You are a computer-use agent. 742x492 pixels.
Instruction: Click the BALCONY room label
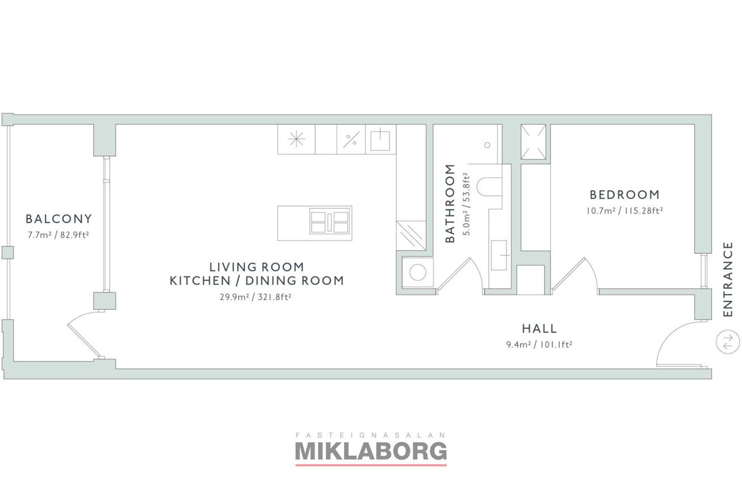pos(58,219)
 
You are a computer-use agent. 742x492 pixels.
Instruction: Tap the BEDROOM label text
pos(624,195)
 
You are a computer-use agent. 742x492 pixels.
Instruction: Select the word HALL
pos(539,329)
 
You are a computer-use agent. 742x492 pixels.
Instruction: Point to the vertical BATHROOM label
pos(450,203)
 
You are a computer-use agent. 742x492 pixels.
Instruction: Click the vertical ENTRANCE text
pos(727,279)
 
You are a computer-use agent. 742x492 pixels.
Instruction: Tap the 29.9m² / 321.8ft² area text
pos(255,297)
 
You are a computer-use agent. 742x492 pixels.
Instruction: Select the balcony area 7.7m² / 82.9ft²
pos(58,235)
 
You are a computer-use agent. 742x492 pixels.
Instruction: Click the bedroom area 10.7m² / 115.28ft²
pos(624,211)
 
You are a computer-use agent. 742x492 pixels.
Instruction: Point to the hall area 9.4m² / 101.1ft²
pos(539,344)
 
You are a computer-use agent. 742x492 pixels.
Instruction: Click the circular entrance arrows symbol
pos(728,342)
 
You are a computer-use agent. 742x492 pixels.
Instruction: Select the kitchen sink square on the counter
pos(380,140)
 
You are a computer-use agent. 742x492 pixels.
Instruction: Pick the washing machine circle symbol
pos(418,272)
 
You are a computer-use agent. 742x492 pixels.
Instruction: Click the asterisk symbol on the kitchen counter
pos(296,139)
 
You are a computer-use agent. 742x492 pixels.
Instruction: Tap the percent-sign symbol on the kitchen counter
pos(351,140)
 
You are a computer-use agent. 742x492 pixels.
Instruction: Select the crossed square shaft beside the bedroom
pos(533,142)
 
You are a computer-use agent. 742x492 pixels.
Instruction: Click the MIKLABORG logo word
pos(371,451)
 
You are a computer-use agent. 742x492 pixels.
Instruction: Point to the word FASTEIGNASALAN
pos(371,435)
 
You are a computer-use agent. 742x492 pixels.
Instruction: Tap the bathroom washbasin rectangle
pos(499,255)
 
